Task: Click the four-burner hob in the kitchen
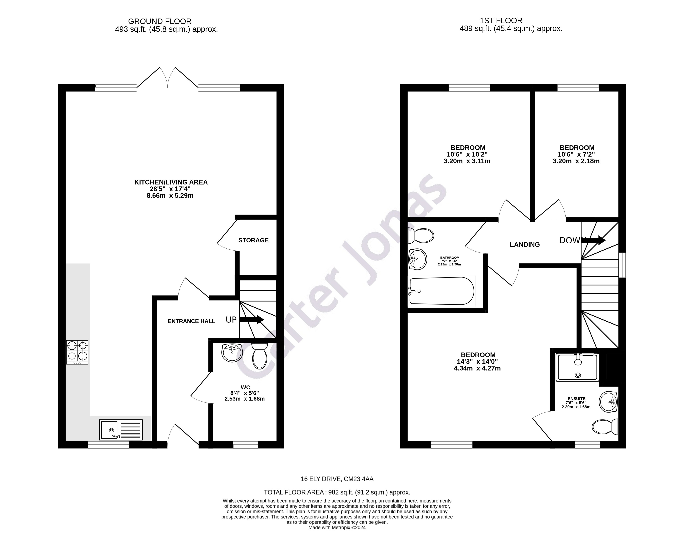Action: pos(77,352)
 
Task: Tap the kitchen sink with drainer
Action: pos(121,430)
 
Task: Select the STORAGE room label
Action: pos(253,240)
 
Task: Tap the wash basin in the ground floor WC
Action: pos(232,352)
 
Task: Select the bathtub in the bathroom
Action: pos(441,291)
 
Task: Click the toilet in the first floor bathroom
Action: pos(421,236)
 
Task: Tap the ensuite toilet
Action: pos(605,427)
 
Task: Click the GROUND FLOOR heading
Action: pos(160,21)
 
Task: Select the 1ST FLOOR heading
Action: pos(501,20)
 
